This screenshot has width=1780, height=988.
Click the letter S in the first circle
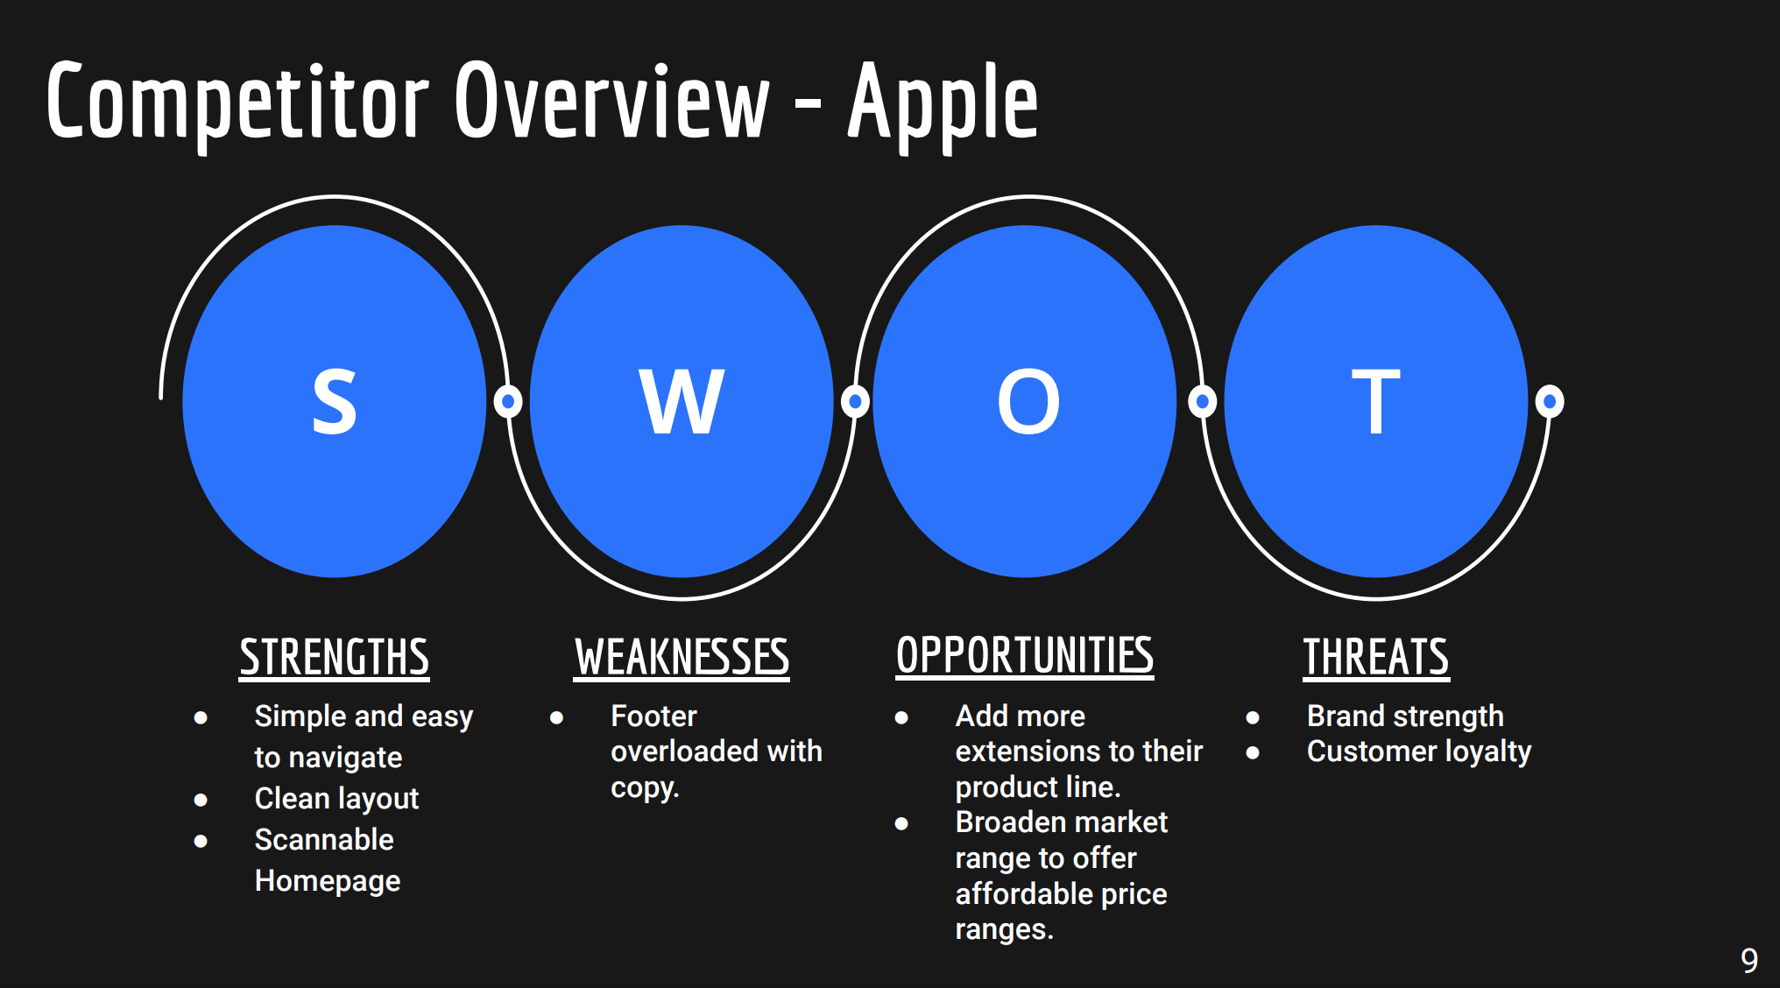click(335, 401)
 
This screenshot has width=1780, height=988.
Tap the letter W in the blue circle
click(682, 401)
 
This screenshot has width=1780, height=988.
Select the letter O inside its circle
click(1028, 401)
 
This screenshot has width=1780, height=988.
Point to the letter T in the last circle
click(1375, 401)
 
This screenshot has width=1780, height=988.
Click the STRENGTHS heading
click(335, 657)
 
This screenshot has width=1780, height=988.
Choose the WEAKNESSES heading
click(682, 657)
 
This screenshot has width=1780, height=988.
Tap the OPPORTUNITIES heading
click(1025, 655)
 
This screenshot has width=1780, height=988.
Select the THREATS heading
click(1376, 657)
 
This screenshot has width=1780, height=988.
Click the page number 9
click(1749, 961)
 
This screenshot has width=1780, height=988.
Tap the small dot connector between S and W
click(508, 401)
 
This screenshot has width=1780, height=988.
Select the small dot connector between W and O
click(855, 401)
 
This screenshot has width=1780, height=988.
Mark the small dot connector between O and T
click(1203, 401)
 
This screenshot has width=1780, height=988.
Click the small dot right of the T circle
click(1550, 401)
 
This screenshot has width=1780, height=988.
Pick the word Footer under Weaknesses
click(653, 716)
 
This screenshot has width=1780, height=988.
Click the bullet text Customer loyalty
click(1419, 752)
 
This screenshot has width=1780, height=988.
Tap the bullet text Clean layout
click(336, 799)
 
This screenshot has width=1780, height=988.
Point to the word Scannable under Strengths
click(324, 839)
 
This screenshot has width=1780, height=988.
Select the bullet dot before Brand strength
click(1253, 717)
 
